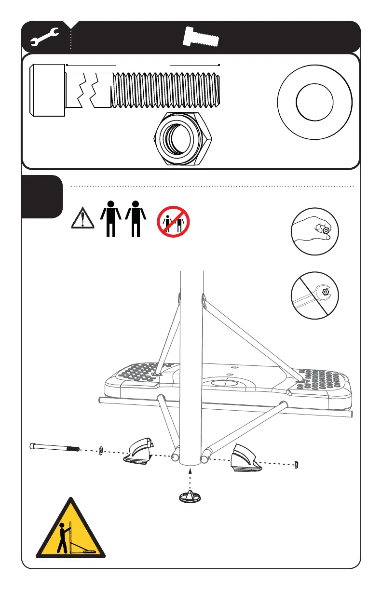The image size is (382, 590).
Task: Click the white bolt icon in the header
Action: coord(202,37)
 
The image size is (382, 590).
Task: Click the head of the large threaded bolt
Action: coord(47,90)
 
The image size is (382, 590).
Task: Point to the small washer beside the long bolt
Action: coord(101,451)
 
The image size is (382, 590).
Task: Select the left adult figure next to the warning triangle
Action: coord(111,218)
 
